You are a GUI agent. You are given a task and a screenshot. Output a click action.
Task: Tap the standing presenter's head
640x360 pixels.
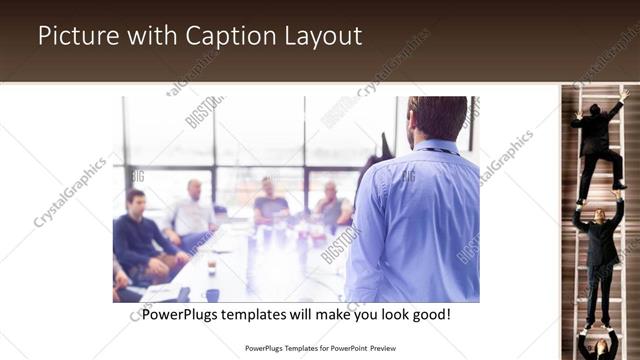[x=437, y=118]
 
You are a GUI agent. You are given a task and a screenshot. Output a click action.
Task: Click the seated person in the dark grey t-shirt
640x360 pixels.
[x=270, y=204]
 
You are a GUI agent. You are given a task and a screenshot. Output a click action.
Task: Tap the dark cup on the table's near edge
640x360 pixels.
[x=212, y=294]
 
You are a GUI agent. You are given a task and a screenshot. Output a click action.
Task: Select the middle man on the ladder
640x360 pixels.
[x=601, y=245]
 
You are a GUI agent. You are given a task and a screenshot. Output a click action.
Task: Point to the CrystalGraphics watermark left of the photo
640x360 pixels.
[x=69, y=192]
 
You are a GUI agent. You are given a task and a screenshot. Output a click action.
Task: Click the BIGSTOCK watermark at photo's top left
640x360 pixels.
[x=204, y=111]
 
